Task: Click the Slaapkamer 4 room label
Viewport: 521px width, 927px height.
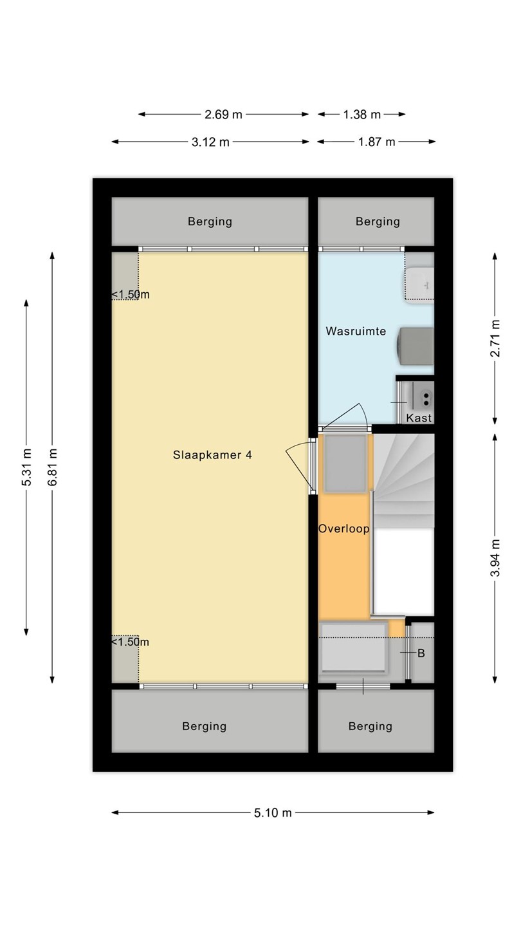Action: point(212,455)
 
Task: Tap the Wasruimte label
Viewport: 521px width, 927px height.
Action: point(356,331)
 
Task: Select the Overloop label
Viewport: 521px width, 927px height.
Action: point(343,529)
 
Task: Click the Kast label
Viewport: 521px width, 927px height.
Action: point(419,418)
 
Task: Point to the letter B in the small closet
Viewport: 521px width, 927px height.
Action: point(421,653)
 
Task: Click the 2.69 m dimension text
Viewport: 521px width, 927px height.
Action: point(223,114)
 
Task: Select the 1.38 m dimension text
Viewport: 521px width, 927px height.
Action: point(361,114)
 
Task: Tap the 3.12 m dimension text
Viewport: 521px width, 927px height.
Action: point(210,142)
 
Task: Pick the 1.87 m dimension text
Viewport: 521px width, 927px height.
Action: point(377,142)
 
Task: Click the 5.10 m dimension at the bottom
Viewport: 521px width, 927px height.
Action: point(273,812)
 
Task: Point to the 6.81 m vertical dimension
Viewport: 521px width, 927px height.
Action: point(52,467)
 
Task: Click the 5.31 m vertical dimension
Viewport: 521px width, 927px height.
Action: point(26,467)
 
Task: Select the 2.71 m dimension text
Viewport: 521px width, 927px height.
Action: point(495,338)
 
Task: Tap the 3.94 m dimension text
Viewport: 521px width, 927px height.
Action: point(495,557)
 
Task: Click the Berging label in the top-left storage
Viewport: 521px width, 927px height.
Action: point(210,222)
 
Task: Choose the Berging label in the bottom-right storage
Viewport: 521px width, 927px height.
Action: point(370,726)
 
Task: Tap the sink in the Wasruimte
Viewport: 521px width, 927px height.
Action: point(419,286)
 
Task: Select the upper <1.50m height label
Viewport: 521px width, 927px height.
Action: point(130,295)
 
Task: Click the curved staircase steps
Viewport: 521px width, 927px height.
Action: point(404,480)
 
